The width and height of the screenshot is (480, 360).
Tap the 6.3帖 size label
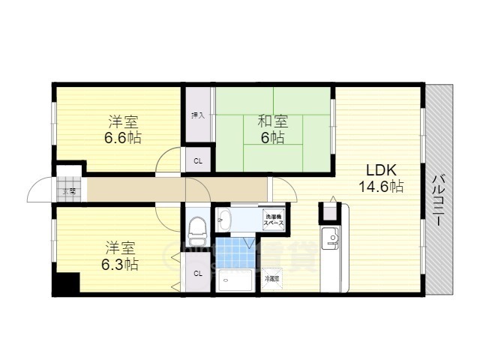coord(120,264)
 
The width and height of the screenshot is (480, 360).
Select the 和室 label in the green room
coord(273,121)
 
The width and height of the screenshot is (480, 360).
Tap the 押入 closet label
coord(198,115)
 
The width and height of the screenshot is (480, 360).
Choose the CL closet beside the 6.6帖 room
coord(198,160)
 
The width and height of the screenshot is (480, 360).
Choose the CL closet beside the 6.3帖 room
coord(198,273)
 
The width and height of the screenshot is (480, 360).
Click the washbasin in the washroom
coord(226,220)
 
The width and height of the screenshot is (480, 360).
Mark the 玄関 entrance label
coord(68,190)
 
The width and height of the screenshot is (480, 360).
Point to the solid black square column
coord(66,284)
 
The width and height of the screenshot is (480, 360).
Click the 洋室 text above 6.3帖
coord(120,247)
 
